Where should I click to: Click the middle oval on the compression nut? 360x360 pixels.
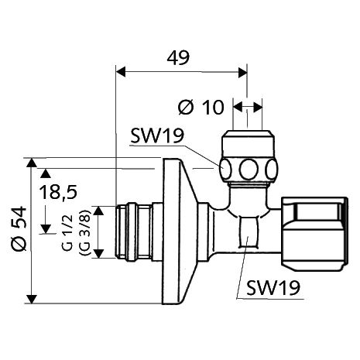(x=248, y=169)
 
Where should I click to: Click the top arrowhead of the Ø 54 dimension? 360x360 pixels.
(x=31, y=163)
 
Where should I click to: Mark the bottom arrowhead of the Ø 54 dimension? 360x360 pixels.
(x=31, y=297)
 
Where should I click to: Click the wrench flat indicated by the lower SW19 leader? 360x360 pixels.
(x=247, y=232)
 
